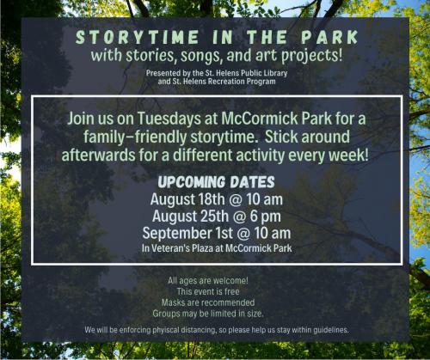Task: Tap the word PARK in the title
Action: click(x=326, y=39)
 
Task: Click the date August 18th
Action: click(x=187, y=199)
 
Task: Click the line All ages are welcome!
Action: click(x=208, y=281)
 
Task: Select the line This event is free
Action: click(x=208, y=291)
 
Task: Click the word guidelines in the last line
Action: click(x=319, y=331)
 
